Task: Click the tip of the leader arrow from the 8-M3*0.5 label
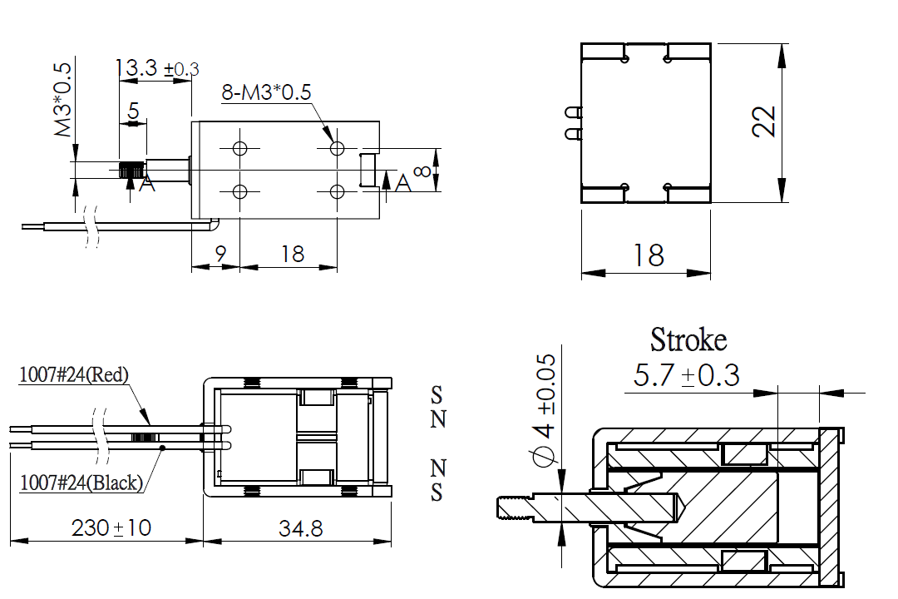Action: pyautogui.click(x=333, y=142)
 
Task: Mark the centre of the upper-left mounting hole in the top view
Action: pyautogui.click(x=240, y=148)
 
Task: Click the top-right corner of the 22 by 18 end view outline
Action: pyautogui.click(x=711, y=43)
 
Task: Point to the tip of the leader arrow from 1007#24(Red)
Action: pyautogui.click(x=150, y=425)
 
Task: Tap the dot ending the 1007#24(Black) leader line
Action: pyautogui.click(x=162, y=448)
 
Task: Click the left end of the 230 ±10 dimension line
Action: pyautogui.click(x=11, y=540)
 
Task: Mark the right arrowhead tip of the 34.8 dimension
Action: pyautogui.click(x=391, y=540)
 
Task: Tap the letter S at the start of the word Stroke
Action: pyautogui.click(x=658, y=340)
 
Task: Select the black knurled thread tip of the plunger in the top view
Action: pyautogui.click(x=131, y=171)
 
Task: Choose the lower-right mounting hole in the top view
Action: pyautogui.click(x=338, y=191)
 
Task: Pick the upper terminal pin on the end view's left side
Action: pyautogui.click(x=573, y=111)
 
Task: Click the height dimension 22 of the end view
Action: pyautogui.click(x=764, y=121)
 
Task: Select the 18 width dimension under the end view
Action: pyautogui.click(x=649, y=255)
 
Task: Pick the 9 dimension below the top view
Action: pyautogui.click(x=221, y=254)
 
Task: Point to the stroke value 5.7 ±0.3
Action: pyautogui.click(x=686, y=375)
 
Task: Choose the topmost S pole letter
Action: pyautogui.click(x=437, y=394)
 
